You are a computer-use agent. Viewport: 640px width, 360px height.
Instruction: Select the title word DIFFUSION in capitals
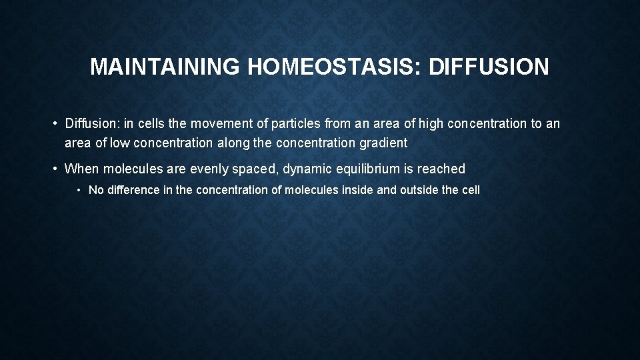click(x=489, y=67)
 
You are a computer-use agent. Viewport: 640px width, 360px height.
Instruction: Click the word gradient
click(x=383, y=143)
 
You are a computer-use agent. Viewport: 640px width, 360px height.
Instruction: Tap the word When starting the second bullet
click(x=81, y=169)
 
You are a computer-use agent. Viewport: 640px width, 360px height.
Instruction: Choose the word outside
click(x=419, y=190)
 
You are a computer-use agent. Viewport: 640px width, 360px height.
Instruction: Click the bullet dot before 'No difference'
click(x=79, y=191)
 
